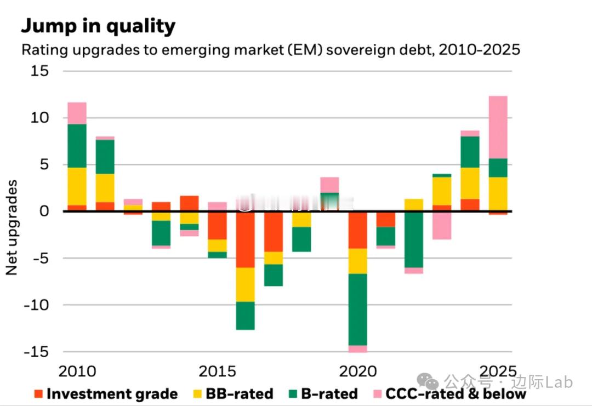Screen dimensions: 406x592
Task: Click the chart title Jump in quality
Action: pyautogui.click(x=99, y=26)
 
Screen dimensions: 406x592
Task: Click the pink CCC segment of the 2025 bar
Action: pyautogui.click(x=498, y=127)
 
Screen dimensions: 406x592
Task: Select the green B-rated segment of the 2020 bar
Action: pyautogui.click(x=358, y=310)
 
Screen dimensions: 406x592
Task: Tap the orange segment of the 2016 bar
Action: pyautogui.click(x=246, y=240)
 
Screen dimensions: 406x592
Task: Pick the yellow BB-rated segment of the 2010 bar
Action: pyautogui.click(x=77, y=186)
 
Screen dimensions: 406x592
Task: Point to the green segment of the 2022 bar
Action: pyautogui.click(x=414, y=239)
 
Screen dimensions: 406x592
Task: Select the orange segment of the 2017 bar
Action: pyautogui.click(x=274, y=232)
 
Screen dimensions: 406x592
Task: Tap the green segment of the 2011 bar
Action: pyautogui.click(x=105, y=157)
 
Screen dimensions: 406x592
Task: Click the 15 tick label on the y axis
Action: pyautogui.click(x=40, y=71)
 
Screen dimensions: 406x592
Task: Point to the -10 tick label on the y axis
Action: pyautogui.click(x=36, y=305)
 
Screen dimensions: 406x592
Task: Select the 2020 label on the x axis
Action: pyautogui.click(x=358, y=372)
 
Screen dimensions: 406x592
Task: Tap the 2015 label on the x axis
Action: pyautogui.click(x=218, y=372)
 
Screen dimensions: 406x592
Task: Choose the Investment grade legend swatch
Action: pyautogui.click(x=38, y=393)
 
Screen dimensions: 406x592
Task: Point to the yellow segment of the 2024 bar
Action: pyautogui.click(x=470, y=183)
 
